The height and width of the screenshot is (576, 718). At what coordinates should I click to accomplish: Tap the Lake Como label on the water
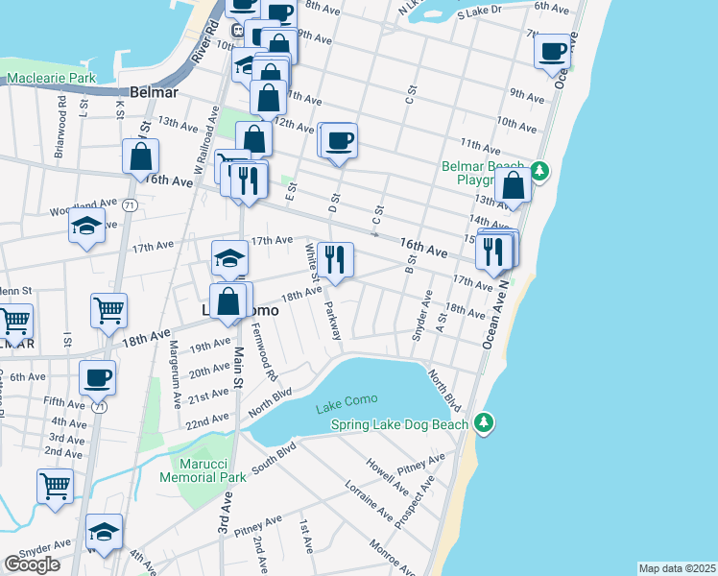pos(347,399)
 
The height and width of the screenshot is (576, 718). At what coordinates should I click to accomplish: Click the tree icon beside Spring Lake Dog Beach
pos(485,422)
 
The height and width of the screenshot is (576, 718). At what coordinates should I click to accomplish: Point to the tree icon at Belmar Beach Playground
pos(539,171)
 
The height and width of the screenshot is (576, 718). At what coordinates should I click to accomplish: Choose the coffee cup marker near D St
pos(339,141)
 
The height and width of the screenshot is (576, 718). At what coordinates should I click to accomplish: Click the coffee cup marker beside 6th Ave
pos(97,377)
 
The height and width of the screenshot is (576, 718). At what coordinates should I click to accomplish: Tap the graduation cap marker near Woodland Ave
pos(86,228)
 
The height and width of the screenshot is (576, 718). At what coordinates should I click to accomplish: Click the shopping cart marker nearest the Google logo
pos(56,486)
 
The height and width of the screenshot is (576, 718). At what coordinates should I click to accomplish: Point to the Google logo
pos(32,564)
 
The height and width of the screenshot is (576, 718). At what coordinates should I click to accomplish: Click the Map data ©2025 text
pos(677,568)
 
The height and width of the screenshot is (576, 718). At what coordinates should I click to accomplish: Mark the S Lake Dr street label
pos(480,12)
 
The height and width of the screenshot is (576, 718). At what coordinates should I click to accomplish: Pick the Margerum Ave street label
pos(176,372)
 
